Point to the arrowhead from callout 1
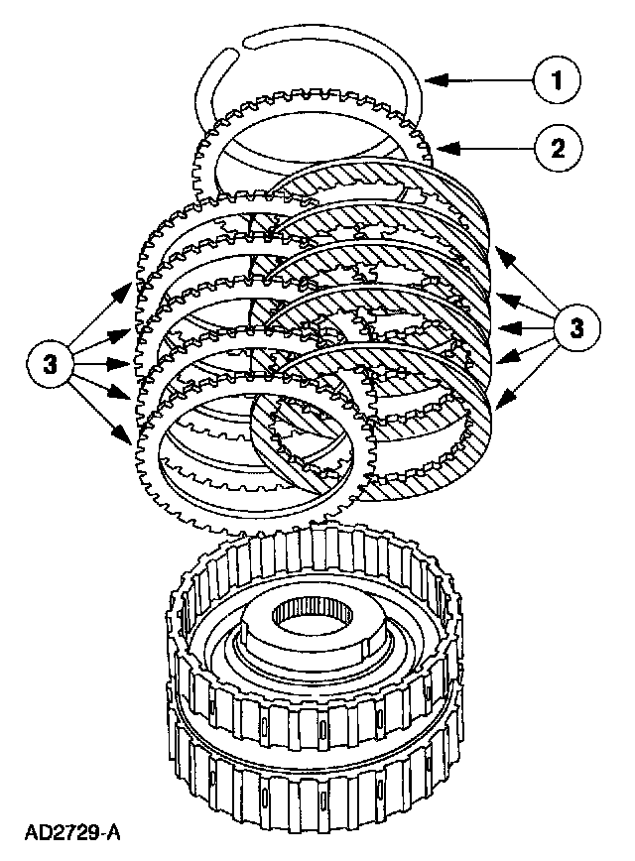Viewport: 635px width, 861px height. [429, 76]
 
